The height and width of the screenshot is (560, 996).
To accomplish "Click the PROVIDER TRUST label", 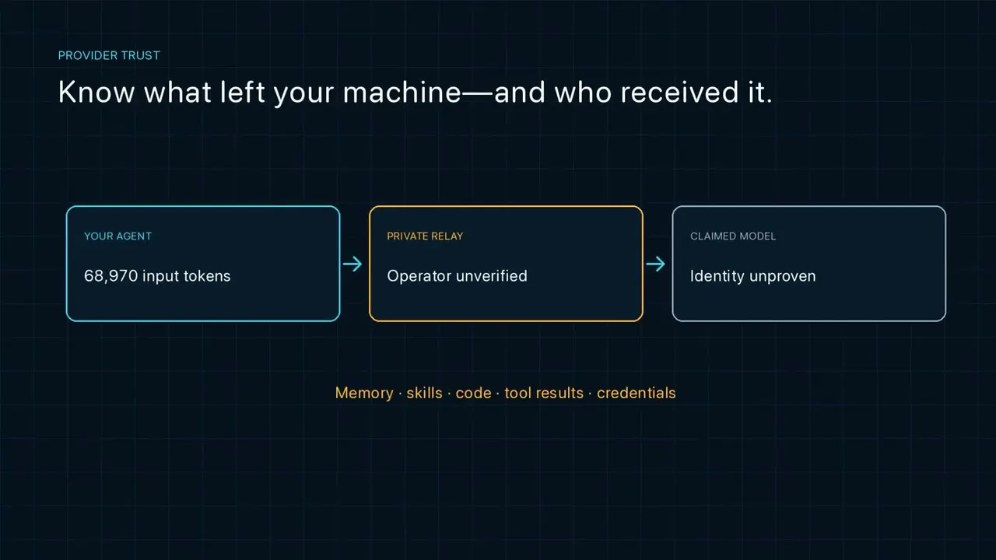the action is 109,55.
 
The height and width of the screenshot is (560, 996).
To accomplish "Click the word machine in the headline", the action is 402,92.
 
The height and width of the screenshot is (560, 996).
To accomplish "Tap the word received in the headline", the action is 679,92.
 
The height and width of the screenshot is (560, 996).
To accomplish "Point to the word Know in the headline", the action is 96,92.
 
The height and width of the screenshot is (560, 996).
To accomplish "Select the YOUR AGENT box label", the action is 117,236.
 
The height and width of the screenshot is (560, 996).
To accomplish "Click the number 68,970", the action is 111,276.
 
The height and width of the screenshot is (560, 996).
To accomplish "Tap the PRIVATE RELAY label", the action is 425,236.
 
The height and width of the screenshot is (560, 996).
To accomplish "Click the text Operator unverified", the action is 457,276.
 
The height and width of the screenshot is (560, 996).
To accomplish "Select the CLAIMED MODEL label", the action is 733,236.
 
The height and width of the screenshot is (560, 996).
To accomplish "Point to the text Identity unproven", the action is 752,276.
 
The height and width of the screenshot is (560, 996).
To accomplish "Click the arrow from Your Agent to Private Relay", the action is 352,264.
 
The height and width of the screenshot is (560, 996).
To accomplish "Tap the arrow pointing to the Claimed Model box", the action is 655,264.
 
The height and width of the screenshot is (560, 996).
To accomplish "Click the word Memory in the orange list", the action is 364,393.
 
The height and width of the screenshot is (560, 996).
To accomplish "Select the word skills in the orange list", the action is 425,393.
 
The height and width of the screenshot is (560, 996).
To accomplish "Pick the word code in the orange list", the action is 474,394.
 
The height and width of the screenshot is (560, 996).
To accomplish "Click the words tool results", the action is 544,393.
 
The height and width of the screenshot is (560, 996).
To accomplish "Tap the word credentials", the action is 637,393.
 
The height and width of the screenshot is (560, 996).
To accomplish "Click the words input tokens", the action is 186,276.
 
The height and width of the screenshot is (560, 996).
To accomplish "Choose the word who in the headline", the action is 583,92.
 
